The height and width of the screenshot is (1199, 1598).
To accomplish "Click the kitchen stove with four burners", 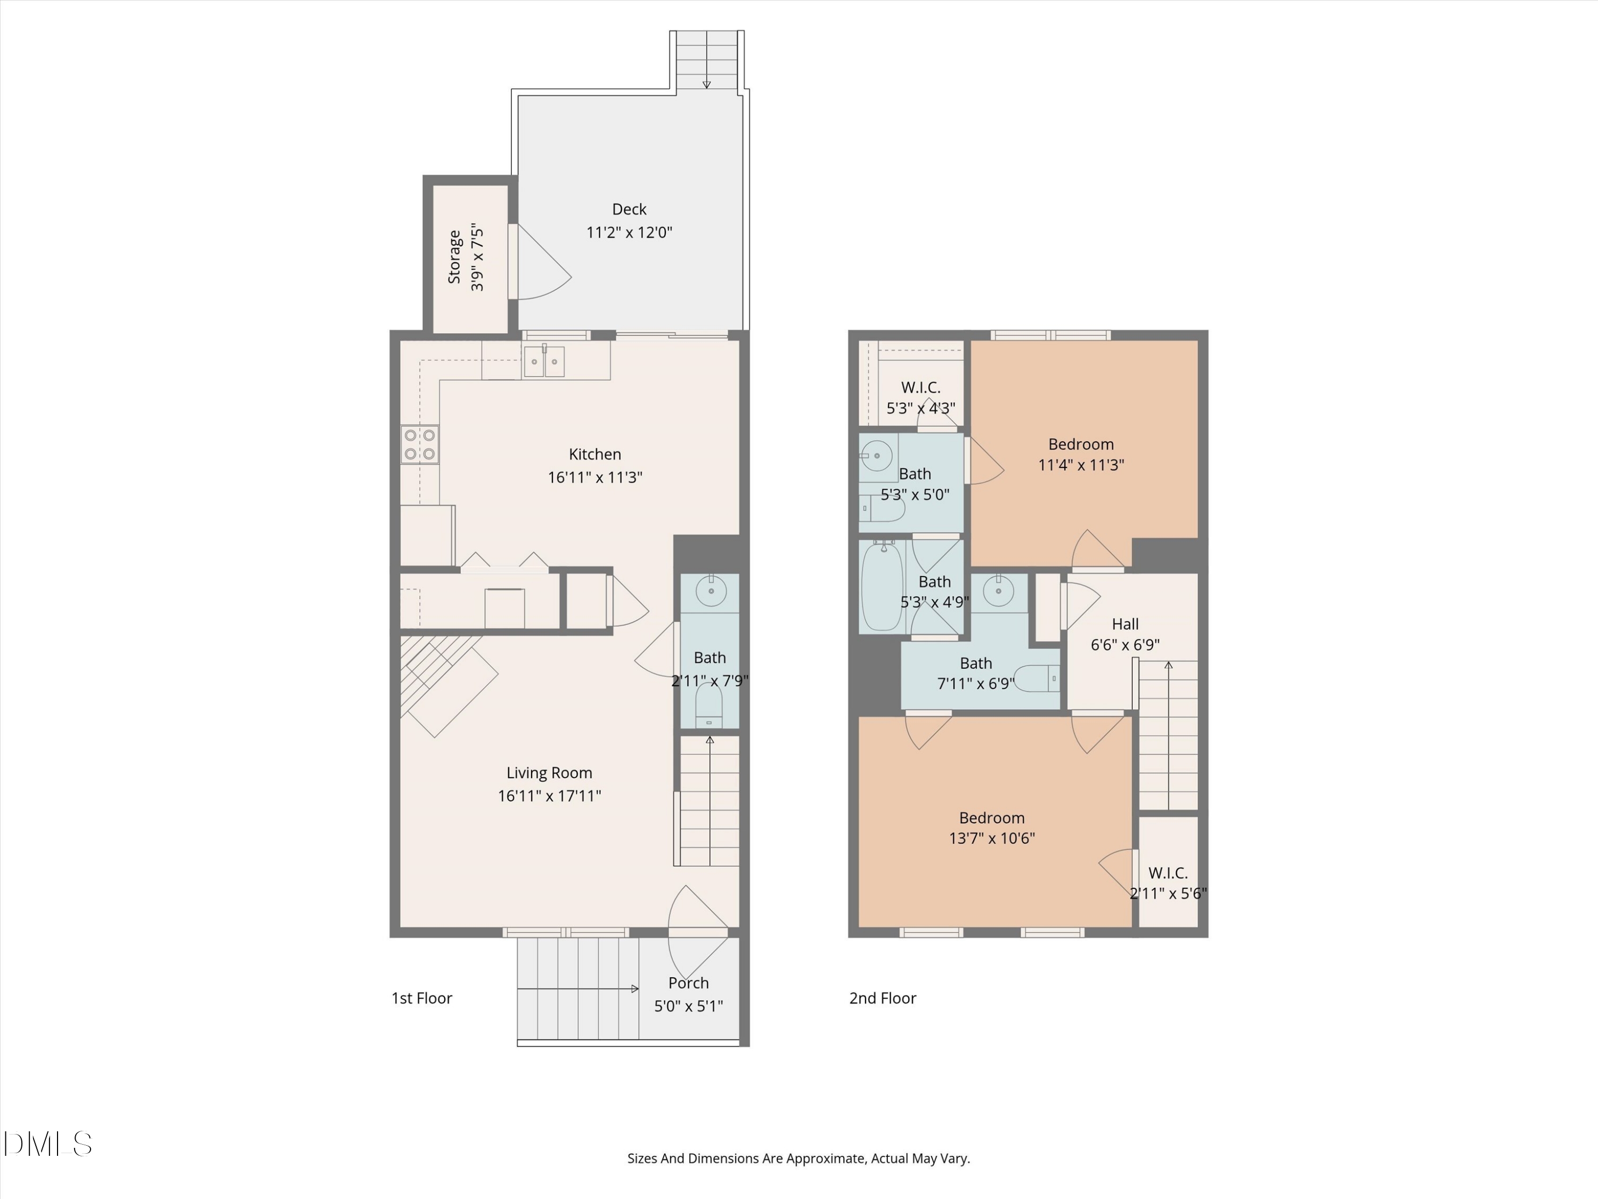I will tap(420, 444).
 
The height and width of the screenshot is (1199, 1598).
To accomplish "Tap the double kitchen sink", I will tap(544, 361).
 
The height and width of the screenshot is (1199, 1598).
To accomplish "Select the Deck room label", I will tap(629, 209).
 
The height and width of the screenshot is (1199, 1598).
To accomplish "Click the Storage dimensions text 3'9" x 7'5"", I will tap(477, 258).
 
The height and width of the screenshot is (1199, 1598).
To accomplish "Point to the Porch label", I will tap(688, 983).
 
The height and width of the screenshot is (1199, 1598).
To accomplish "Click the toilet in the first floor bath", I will tap(708, 707).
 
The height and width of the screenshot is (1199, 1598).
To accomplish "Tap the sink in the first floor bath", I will tap(711, 590).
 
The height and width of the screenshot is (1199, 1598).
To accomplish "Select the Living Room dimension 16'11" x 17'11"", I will tap(549, 796).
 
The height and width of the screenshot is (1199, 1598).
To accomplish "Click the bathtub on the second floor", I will tap(882, 586).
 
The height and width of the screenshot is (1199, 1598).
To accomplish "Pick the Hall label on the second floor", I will tap(1125, 623).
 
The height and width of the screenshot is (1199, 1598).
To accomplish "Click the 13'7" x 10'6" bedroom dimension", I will tap(991, 838).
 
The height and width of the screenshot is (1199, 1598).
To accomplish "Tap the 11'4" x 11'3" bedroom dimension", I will tap(1081, 465).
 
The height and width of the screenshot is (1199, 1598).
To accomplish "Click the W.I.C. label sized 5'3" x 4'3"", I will tap(920, 387).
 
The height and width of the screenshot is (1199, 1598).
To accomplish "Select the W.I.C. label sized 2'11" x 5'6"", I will tap(1168, 873).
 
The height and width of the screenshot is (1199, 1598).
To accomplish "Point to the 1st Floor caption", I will tap(421, 998).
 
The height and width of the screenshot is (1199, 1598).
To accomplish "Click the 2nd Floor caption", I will tap(882, 998).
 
